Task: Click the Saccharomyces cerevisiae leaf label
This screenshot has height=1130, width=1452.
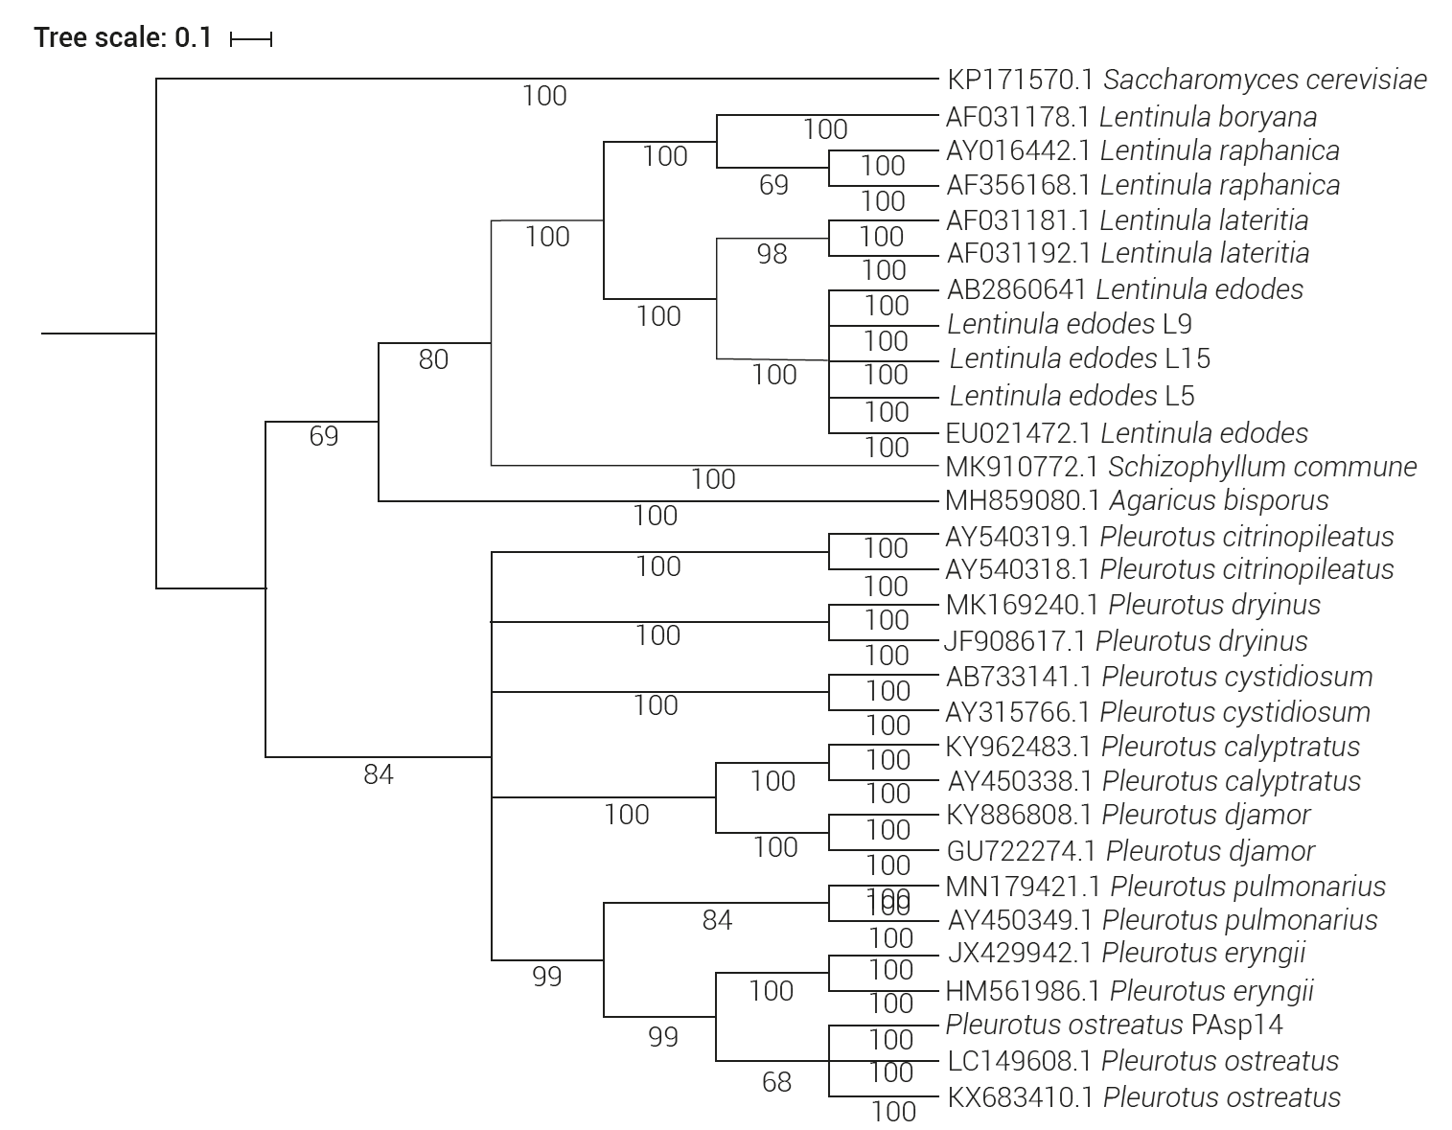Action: [1187, 80]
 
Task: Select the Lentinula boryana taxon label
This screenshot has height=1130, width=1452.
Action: [1131, 117]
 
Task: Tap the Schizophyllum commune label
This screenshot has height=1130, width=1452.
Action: [1181, 467]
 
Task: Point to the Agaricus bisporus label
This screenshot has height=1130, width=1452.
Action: [1137, 500]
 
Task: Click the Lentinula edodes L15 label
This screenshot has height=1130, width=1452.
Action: [1079, 358]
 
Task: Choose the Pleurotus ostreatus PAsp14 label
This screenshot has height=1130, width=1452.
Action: [1114, 1025]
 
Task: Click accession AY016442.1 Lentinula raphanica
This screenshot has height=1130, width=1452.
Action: [1142, 150]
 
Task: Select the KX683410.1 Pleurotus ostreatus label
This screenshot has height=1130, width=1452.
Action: [1143, 1096]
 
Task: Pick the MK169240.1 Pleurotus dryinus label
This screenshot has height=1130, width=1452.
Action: [1133, 605]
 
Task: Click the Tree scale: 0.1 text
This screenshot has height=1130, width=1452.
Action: [123, 38]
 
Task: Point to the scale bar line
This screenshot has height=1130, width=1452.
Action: [252, 39]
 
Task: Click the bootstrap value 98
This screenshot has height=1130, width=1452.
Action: [772, 254]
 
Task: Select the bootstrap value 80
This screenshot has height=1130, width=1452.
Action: [433, 359]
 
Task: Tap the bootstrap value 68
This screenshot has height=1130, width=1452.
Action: [776, 1082]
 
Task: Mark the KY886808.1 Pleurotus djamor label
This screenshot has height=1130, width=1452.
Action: [1128, 815]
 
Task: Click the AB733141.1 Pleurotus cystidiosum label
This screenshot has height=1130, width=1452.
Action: [1159, 677]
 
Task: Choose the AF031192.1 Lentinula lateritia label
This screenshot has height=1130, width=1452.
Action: [1127, 253]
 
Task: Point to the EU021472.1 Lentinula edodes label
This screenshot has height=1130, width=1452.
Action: [1126, 433]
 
